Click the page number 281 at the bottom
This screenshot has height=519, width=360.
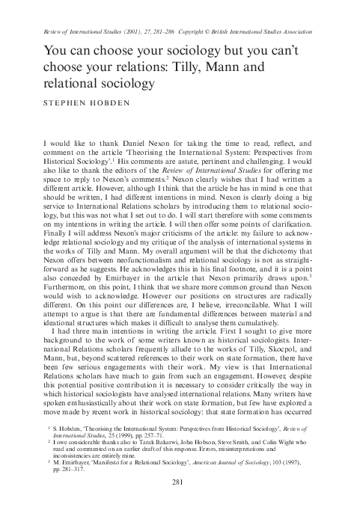point(180,503)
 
